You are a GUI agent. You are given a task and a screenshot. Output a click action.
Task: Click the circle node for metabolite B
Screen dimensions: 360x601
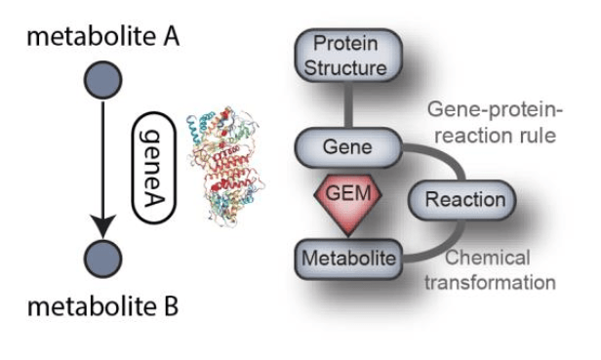102,259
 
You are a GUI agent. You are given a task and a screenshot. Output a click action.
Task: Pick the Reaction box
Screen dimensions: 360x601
465,201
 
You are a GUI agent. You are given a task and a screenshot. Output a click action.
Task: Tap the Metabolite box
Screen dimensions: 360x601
348,259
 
